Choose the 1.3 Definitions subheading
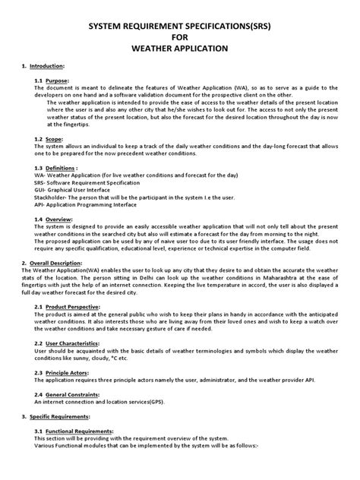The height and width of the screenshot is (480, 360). (58, 168)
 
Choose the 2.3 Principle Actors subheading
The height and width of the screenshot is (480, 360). (64, 371)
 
